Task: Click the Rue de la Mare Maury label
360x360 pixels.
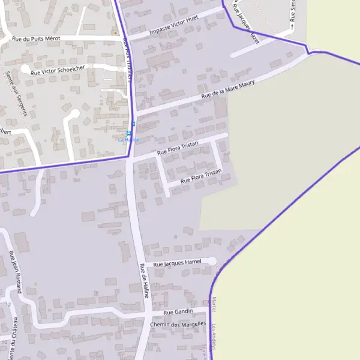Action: click(228, 88)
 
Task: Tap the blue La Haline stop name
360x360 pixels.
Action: click(128, 140)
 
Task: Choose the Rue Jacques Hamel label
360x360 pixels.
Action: click(177, 263)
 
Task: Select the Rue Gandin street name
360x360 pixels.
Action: click(178, 311)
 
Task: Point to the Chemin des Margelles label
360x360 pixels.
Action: click(178, 325)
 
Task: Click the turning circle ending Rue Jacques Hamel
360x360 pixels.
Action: click(211, 261)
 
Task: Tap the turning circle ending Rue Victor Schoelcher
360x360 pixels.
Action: click(26, 70)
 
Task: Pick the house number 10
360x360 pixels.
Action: click(5, 341)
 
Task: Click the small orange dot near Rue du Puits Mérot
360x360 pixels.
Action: click(116, 32)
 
